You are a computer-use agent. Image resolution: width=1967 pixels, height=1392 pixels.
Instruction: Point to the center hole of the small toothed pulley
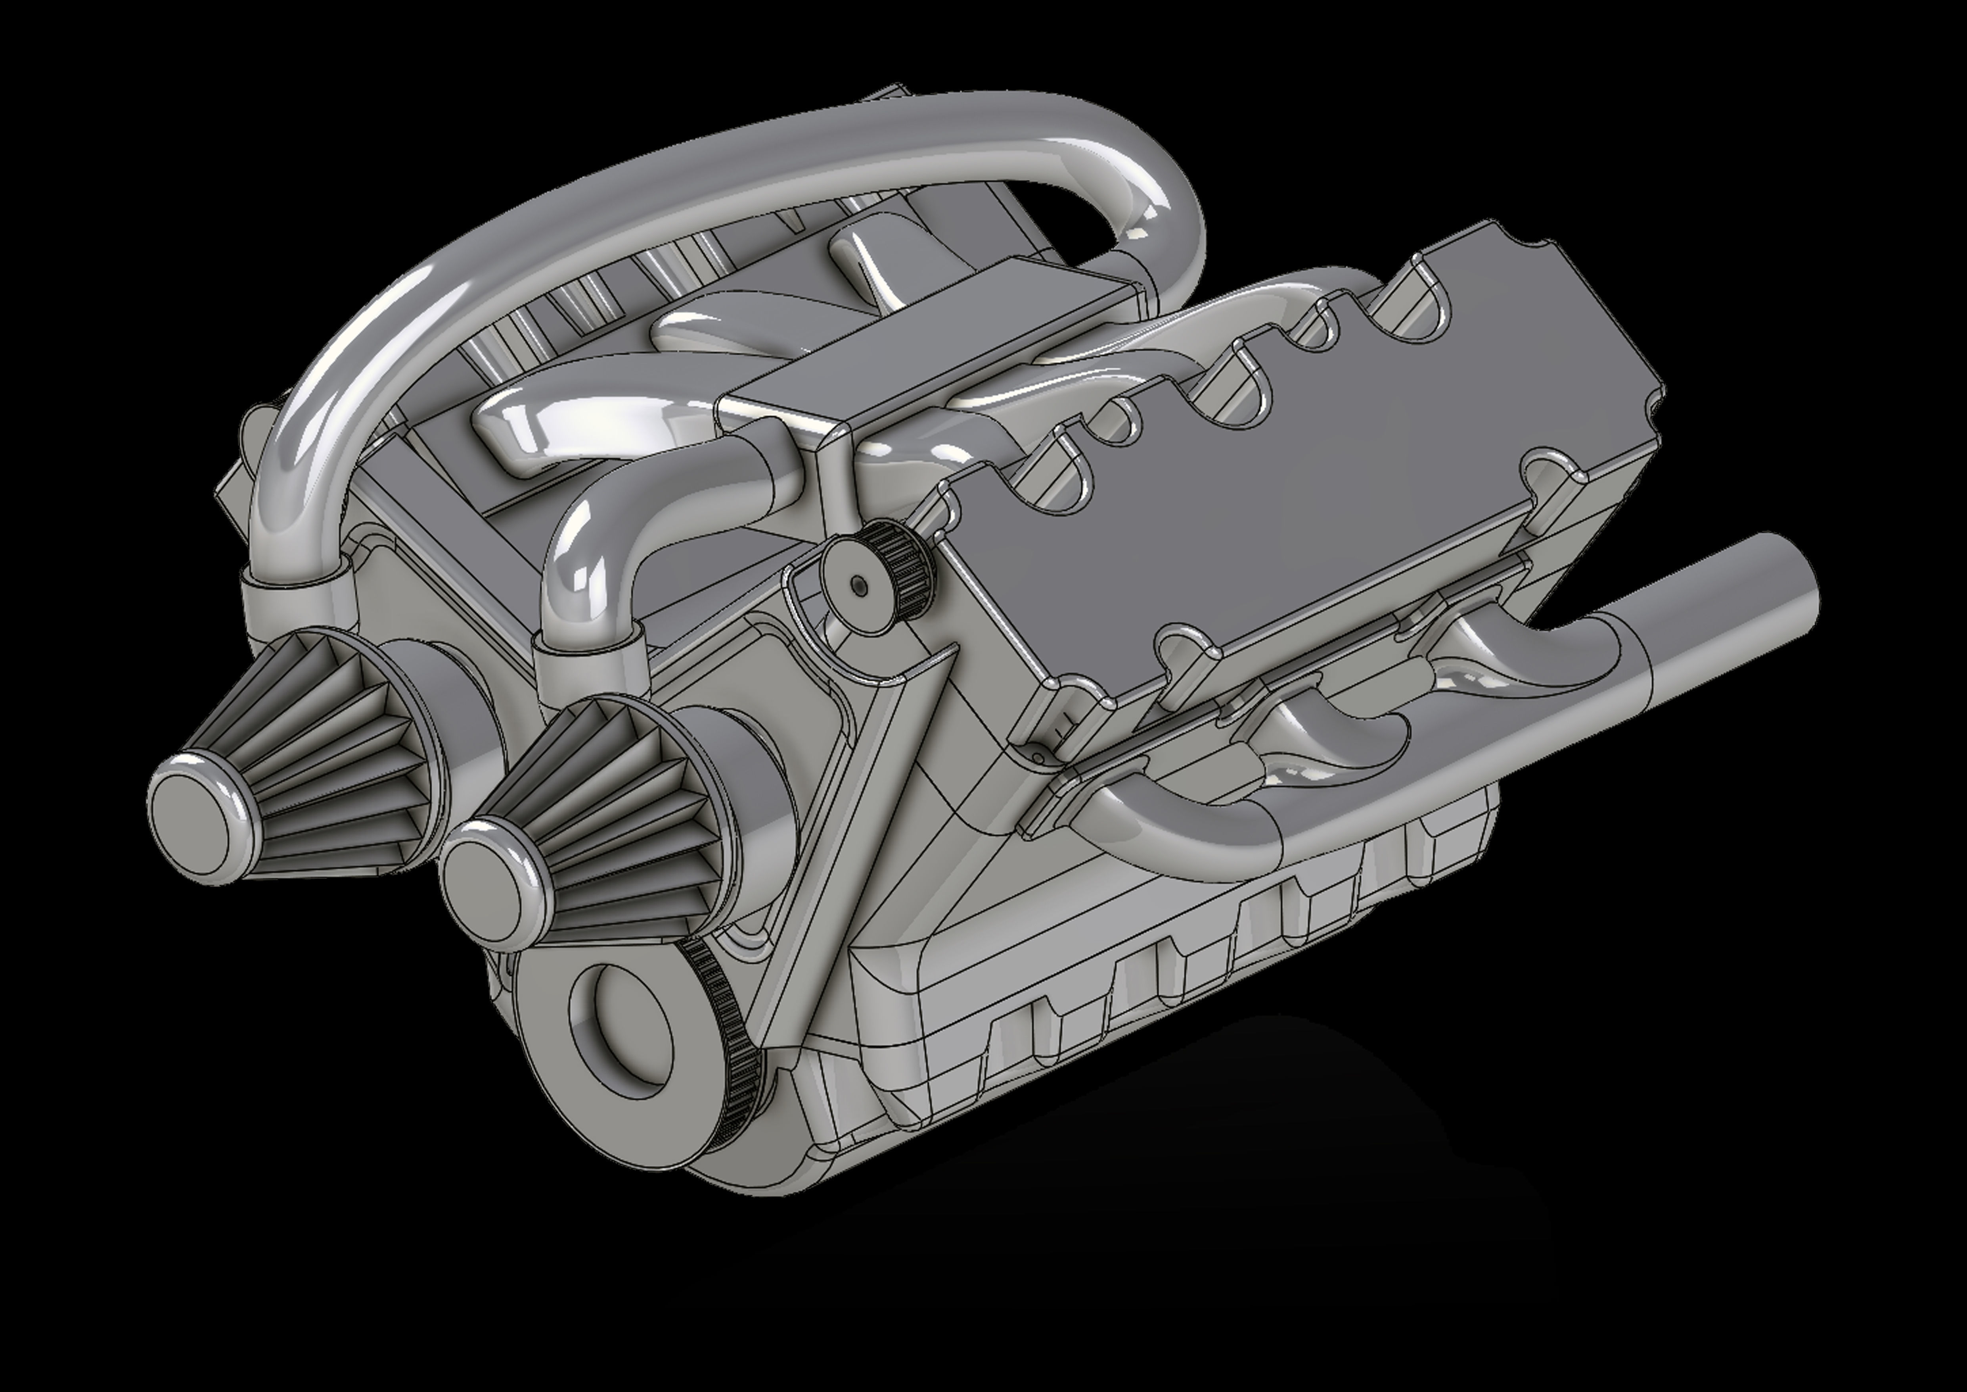[x=859, y=584]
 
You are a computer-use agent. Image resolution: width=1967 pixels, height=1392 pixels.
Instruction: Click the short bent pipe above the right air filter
[x=591, y=548]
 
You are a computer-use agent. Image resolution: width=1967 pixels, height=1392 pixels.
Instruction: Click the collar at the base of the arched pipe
[x=295, y=591]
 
